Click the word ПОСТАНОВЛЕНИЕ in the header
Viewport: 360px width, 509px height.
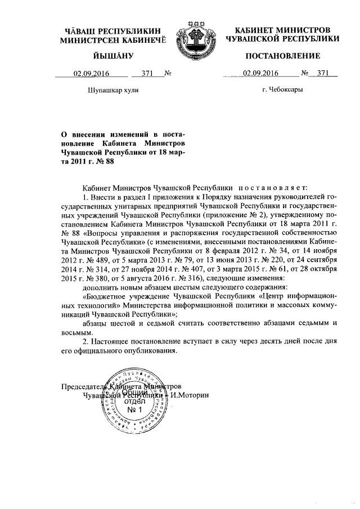pos(282,56)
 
